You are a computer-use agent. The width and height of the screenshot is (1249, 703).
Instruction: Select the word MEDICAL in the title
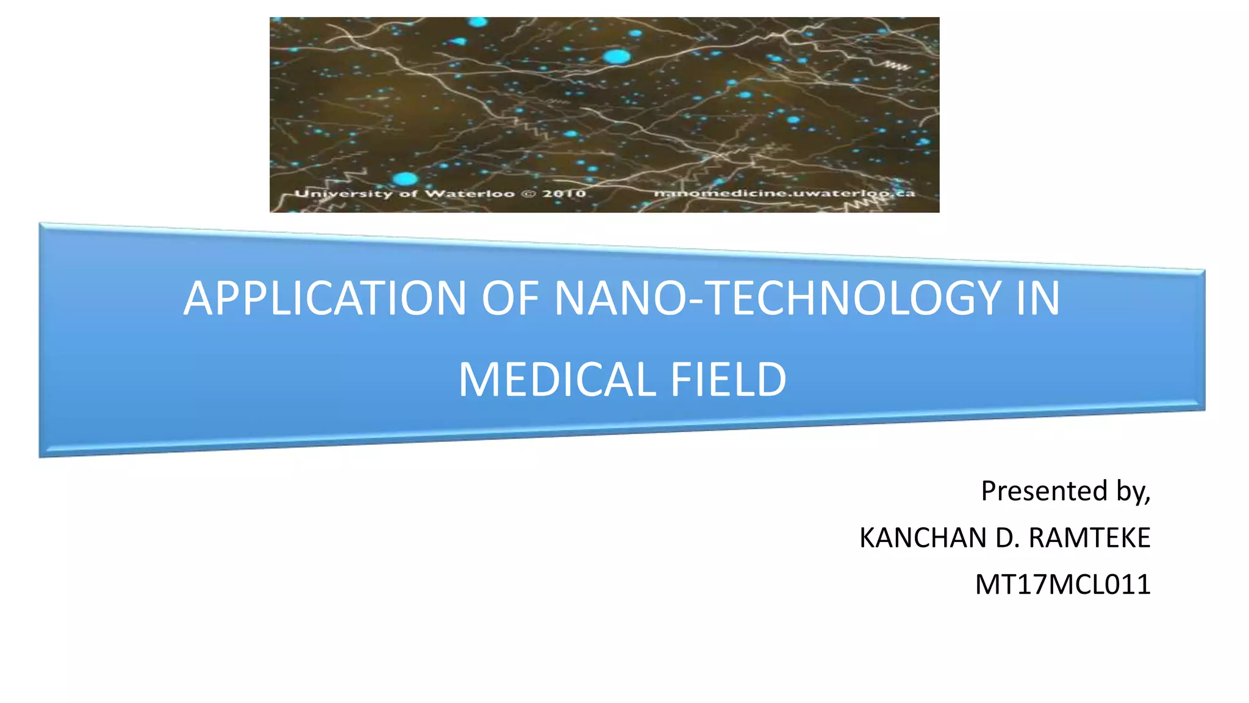[556, 380]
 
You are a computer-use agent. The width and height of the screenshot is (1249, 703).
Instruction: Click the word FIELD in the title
[728, 380]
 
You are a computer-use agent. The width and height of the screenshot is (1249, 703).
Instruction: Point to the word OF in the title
[510, 298]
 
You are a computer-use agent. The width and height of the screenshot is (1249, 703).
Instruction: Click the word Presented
[1043, 491]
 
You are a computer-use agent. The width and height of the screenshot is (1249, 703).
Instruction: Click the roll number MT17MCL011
[1062, 585]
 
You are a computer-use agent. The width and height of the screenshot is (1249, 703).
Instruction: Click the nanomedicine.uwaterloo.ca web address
[784, 193]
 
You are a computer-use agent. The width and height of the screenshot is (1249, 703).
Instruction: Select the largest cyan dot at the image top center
[617, 57]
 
